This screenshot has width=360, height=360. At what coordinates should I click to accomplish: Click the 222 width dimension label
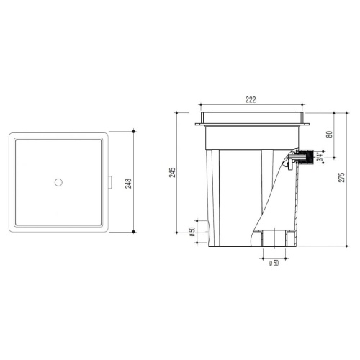251,99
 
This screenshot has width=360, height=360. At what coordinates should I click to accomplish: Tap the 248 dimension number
129,184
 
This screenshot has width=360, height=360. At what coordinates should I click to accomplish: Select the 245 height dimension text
172,173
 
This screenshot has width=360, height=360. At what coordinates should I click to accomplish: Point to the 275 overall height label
341,177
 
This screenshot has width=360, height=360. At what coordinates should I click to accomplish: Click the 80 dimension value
330,134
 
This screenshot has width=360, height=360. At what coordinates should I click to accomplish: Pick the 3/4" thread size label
319,157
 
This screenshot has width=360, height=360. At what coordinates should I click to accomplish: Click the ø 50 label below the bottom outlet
274,263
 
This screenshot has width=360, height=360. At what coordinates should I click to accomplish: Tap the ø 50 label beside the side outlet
192,232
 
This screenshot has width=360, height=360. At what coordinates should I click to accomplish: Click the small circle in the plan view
58,182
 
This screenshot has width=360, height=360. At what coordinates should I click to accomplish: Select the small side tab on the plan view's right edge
109,182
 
